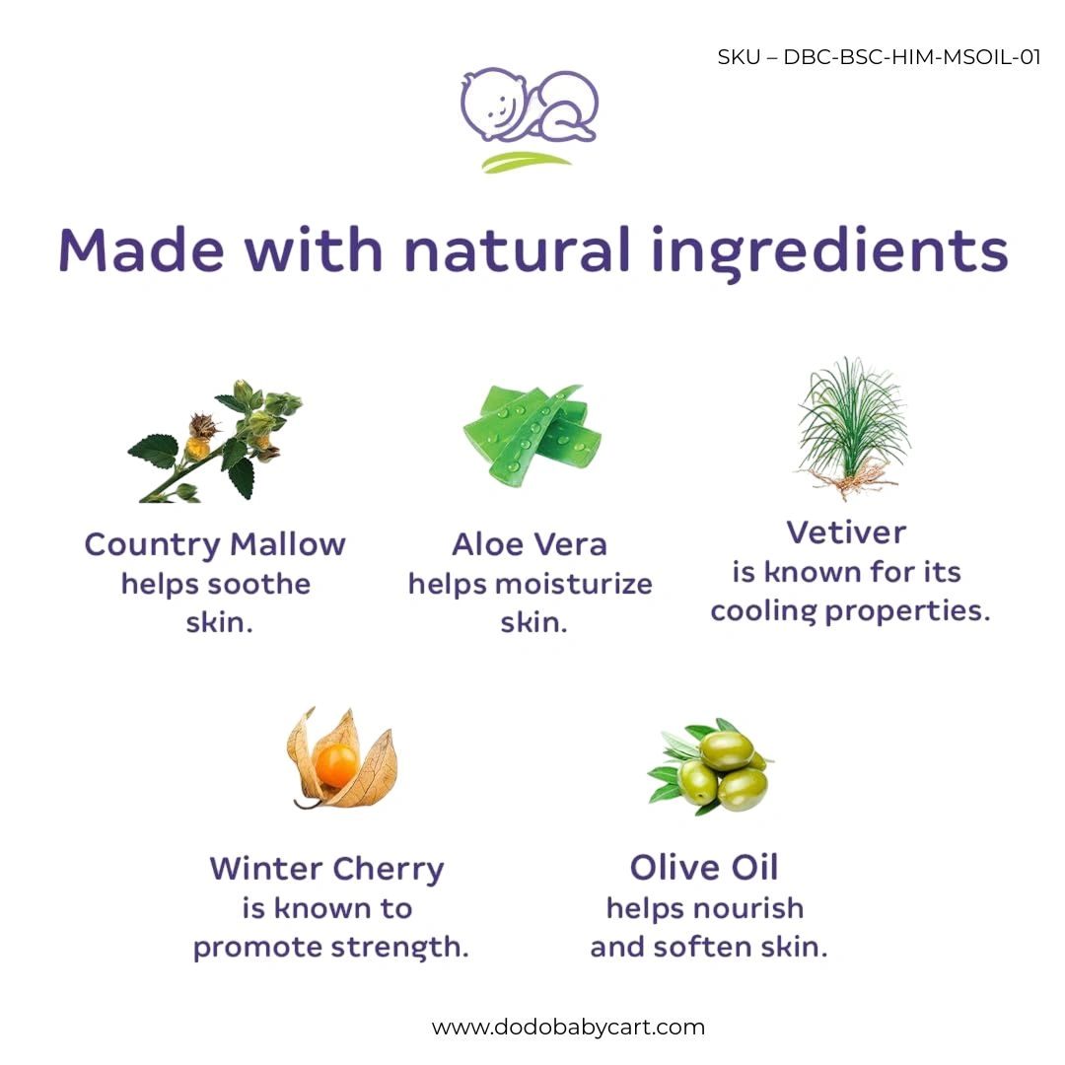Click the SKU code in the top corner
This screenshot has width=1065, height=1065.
(x=879, y=57)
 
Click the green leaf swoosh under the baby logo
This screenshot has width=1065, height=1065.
(x=527, y=163)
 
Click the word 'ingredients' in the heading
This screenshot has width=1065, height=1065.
(x=829, y=253)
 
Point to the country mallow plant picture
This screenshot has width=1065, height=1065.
(x=215, y=442)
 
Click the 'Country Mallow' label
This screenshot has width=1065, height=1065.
(x=215, y=544)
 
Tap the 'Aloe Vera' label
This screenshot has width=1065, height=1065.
(x=530, y=544)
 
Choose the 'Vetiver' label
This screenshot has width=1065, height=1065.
(x=847, y=532)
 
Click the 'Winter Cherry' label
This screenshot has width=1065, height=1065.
(x=326, y=870)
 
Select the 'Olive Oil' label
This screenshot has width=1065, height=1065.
(x=704, y=868)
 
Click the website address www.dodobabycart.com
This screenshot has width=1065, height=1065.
(x=569, y=1027)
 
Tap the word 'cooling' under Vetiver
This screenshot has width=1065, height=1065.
(x=763, y=611)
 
